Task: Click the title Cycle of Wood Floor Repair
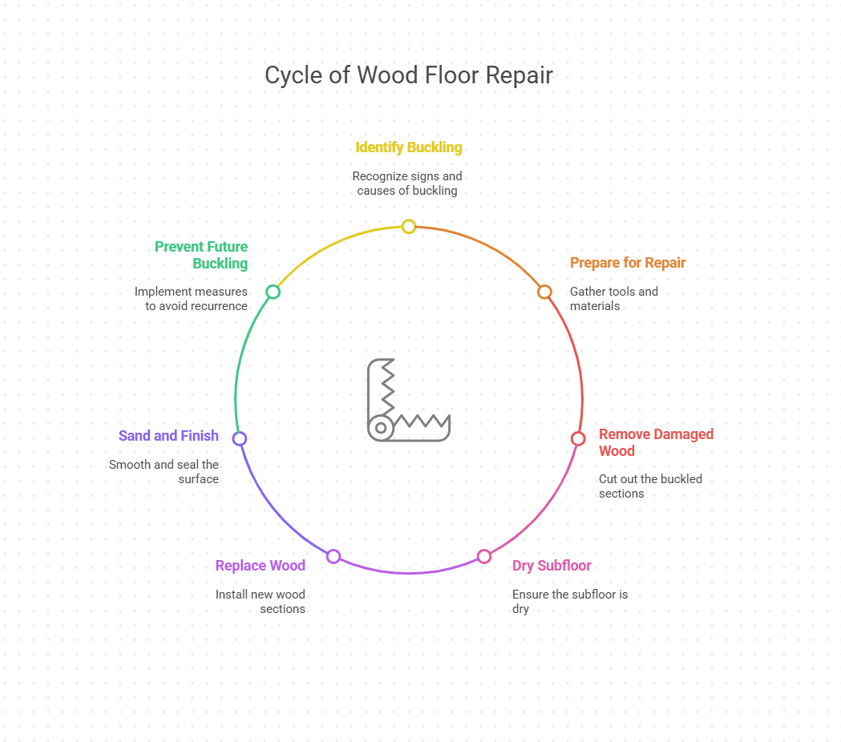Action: click(x=408, y=75)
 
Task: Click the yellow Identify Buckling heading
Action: click(x=408, y=147)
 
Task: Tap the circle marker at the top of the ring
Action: click(x=409, y=226)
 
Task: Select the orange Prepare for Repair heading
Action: click(x=627, y=263)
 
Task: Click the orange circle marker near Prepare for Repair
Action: click(x=544, y=292)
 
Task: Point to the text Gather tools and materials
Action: click(x=613, y=299)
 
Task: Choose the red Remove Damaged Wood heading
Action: click(x=655, y=442)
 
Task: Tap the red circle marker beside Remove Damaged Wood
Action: click(x=578, y=438)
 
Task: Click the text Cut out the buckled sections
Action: click(x=649, y=486)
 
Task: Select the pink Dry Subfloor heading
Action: click(x=552, y=566)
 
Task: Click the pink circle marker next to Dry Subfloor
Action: click(x=484, y=556)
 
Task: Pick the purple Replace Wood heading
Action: click(x=260, y=566)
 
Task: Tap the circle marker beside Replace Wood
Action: click(x=334, y=556)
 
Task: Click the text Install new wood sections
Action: click(x=261, y=602)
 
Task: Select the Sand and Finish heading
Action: click(x=168, y=436)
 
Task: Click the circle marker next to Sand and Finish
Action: click(x=239, y=438)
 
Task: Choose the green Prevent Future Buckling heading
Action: click(x=201, y=255)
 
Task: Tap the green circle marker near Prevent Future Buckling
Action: click(x=273, y=292)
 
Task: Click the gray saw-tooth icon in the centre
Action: click(x=407, y=400)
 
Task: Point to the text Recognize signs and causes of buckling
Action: click(x=407, y=183)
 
